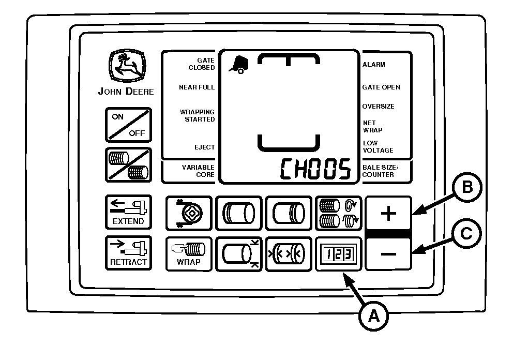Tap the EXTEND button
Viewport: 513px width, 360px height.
[129, 212]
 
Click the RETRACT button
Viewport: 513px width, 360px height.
[129, 253]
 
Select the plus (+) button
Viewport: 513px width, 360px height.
[388, 213]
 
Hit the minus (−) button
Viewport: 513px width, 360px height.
[388, 254]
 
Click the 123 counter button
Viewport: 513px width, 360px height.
[339, 254]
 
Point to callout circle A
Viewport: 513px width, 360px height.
[373, 316]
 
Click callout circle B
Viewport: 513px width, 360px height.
[467, 188]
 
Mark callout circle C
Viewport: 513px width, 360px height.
[466, 234]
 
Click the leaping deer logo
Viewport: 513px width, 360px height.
[127, 66]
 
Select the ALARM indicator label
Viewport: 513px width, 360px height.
[373, 65]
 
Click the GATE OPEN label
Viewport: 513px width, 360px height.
[381, 87]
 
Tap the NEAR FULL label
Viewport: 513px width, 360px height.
[197, 87]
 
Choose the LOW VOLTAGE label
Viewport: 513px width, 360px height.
[378, 146]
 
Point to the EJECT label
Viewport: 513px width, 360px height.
[204, 147]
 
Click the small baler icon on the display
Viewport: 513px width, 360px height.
[238, 65]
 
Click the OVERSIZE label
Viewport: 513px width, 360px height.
[378, 107]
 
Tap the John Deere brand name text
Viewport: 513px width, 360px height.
[126, 92]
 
